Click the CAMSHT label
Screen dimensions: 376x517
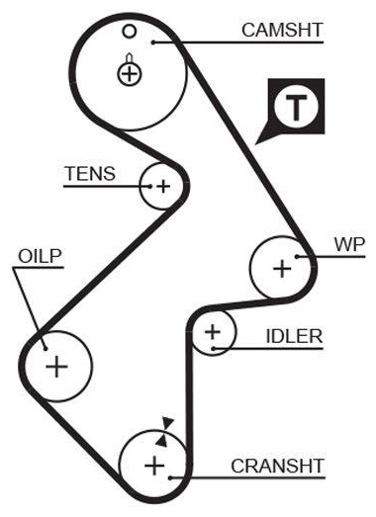pyautogui.click(x=282, y=30)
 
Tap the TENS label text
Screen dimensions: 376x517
pyautogui.click(x=90, y=173)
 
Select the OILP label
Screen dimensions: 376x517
pyautogui.click(x=40, y=256)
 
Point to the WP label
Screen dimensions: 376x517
pyautogui.click(x=349, y=245)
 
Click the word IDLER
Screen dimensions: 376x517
pyautogui.click(x=294, y=336)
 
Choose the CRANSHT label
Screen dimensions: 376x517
pyautogui.click(x=277, y=466)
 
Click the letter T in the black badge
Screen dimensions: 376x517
pyautogui.click(x=296, y=108)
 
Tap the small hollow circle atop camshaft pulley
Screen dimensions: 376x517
pyautogui.click(x=129, y=32)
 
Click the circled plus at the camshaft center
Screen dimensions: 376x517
pyautogui.click(x=130, y=74)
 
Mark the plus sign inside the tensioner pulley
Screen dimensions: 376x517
pyautogui.click(x=163, y=187)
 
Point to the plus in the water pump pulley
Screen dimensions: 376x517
pyautogui.click(x=282, y=268)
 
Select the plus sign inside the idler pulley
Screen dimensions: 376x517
pyautogui.click(x=213, y=332)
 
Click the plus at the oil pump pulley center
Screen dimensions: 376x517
pyautogui.click(x=56, y=367)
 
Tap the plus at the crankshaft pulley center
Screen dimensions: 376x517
pyautogui.click(x=154, y=466)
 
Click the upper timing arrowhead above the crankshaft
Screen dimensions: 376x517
pyautogui.click(x=168, y=423)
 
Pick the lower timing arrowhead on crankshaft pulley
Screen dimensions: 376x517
pyautogui.click(x=161, y=441)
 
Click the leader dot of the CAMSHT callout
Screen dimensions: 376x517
pyautogui.click(x=153, y=43)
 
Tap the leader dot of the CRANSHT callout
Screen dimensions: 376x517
pyautogui.click(x=170, y=477)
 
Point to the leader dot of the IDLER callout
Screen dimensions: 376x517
pyautogui.click(x=214, y=348)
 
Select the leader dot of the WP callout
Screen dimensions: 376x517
pyautogui.click(x=297, y=256)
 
